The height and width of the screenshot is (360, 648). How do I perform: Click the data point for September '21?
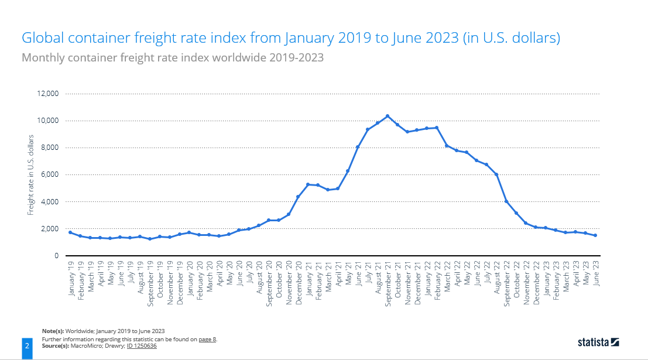click(388, 116)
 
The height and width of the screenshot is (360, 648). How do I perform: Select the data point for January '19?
click(70, 232)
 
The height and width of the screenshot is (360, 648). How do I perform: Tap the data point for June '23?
click(595, 235)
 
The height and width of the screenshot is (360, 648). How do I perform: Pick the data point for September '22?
click(506, 201)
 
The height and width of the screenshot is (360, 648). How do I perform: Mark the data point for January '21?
click(308, 184)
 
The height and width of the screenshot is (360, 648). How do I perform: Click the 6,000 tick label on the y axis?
click(49, 174)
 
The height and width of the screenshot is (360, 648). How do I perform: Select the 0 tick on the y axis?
click(56, 256)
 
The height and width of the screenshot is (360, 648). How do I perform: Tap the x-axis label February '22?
click(437, 280)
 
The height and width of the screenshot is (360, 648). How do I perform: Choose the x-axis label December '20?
click(299, 280)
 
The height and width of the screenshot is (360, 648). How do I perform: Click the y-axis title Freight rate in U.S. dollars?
click(31, 174)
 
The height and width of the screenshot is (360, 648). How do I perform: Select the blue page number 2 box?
click(27, 346)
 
